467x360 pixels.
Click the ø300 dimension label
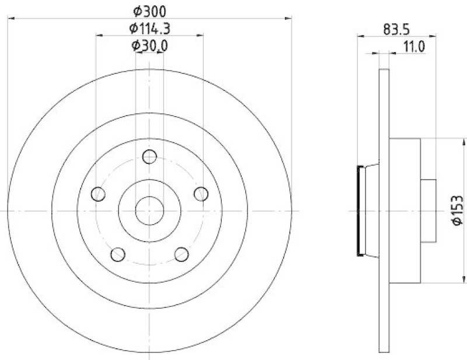149,9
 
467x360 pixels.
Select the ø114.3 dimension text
149,27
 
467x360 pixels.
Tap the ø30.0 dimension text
149,46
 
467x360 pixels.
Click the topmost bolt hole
149,156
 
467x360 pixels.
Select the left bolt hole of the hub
99,194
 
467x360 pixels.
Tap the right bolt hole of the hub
201,194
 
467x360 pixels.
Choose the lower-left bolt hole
118,254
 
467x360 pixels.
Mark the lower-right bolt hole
182,254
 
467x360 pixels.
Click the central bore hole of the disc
149,211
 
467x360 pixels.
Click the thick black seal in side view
359,211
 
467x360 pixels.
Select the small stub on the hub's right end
429,211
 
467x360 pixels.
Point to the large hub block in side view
405,211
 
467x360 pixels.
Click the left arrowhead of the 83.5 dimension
360,36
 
